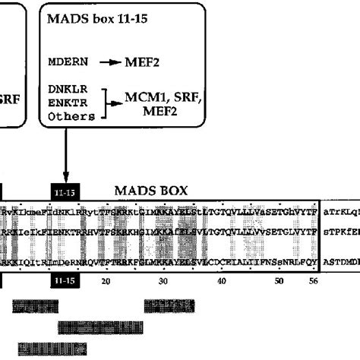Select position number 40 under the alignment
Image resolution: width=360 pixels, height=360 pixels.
(x=222, y=281)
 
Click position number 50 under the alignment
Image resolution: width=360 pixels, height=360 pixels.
(x=279, y=281)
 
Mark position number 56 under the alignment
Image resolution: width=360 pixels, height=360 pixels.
(x=313, y=281)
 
